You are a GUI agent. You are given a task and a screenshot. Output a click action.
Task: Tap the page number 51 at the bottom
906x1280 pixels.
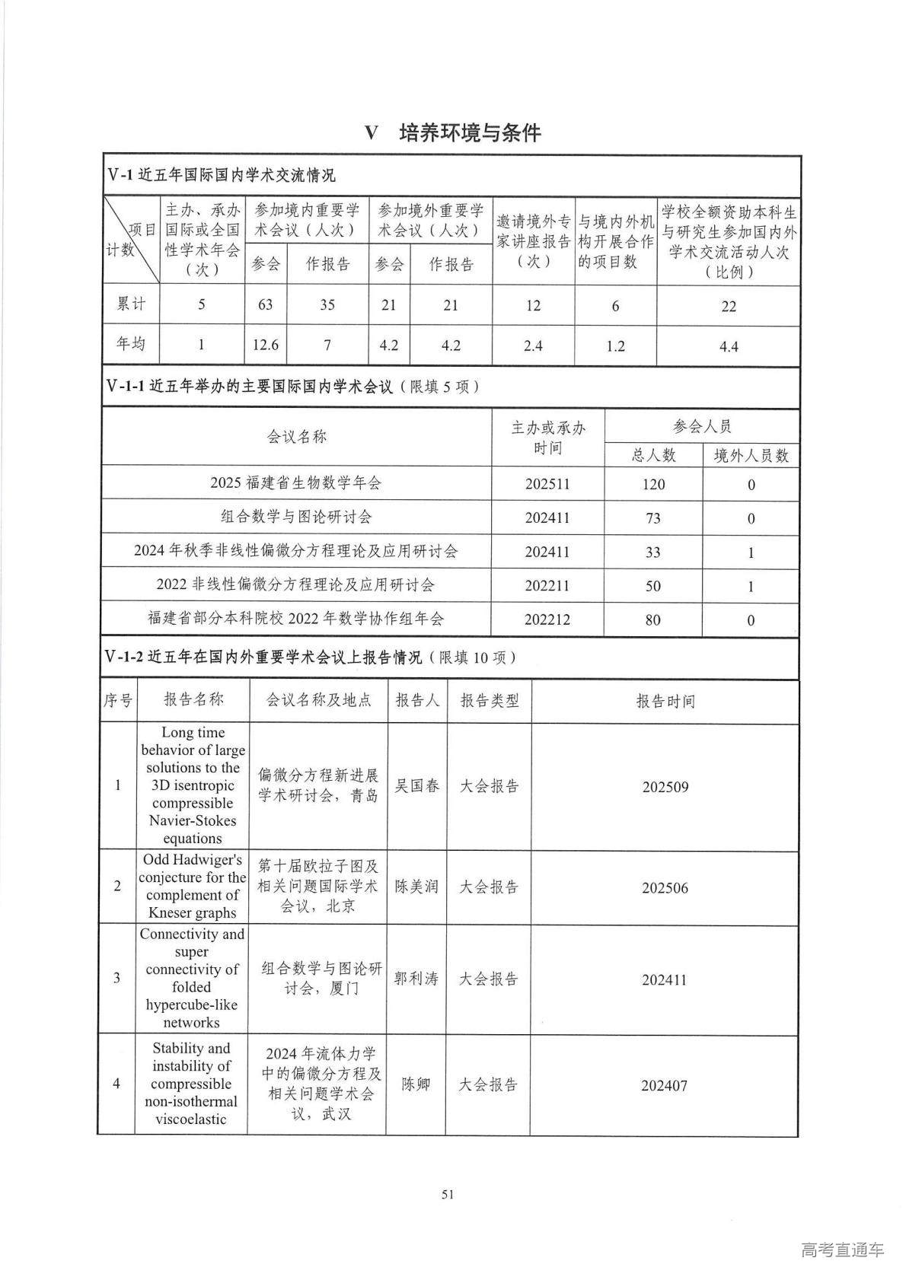(448, 1194)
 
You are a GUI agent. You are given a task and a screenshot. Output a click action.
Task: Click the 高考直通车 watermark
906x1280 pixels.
(842, 1250)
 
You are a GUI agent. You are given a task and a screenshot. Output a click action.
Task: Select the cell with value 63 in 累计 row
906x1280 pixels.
(265, 304)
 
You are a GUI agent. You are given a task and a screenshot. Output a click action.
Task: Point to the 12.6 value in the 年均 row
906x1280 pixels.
(265, 345)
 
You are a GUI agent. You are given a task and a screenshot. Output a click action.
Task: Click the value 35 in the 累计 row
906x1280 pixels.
(327, 304)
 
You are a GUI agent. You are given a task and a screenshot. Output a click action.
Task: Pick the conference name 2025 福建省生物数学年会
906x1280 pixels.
(295, 482)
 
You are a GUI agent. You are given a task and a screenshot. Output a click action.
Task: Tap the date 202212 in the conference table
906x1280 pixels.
(547, 619)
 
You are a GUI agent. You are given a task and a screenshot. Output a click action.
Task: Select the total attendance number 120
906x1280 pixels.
(652, 484)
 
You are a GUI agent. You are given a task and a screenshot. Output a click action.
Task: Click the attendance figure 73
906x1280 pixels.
(652, 518)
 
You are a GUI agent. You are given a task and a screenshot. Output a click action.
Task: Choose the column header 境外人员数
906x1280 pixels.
(750, 455)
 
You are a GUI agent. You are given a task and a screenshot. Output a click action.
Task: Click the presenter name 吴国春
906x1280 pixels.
(416, 786)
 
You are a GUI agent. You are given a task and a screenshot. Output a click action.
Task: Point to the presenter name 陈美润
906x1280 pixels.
(416, 887)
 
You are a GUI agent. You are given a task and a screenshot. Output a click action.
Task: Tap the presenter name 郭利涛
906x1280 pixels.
(416, 979)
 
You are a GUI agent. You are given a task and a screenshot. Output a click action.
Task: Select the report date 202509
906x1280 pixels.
(665, 787)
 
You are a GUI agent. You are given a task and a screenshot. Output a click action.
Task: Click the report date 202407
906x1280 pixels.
(664, 1085)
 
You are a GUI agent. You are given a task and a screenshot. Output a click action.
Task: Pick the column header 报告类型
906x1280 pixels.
(489, 700)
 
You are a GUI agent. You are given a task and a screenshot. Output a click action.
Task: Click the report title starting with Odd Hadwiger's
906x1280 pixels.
(193, 886)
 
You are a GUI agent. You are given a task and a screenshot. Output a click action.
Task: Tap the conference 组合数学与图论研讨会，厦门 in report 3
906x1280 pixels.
(321, 978)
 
